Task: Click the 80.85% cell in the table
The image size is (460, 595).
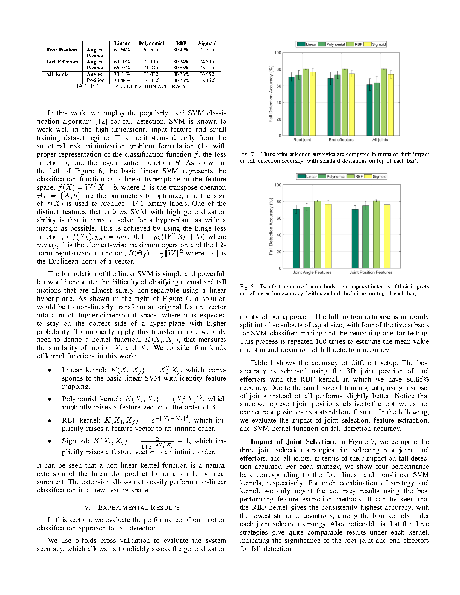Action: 181,68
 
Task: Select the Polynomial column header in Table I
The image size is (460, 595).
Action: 151,44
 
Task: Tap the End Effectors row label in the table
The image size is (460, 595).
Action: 62,62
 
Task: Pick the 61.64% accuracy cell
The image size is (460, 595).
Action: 122,50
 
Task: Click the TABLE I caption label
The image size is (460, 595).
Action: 88,86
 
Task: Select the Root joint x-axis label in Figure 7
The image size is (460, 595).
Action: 302,140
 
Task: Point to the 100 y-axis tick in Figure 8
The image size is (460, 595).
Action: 278,185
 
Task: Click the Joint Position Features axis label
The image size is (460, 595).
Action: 371,272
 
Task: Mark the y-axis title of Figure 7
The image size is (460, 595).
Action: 271,94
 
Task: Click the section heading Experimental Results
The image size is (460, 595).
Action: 131,507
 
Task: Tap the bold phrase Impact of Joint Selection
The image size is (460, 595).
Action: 292,442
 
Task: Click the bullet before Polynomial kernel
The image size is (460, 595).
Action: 49,399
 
